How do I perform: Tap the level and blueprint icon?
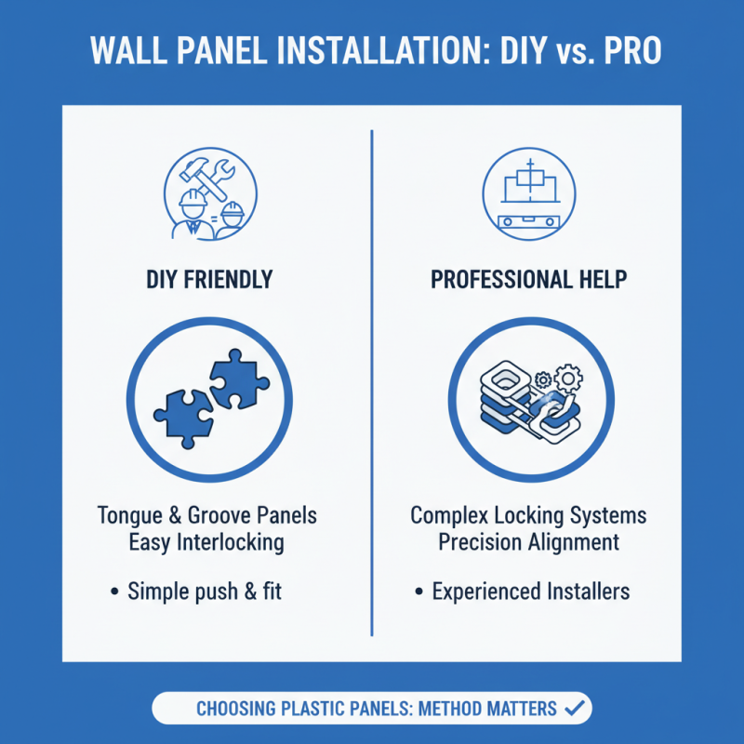click(527, 195)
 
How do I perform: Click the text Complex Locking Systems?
click(527, 515)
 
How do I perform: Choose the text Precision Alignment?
click(527, 541)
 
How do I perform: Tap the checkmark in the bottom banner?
click(575, 709)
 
